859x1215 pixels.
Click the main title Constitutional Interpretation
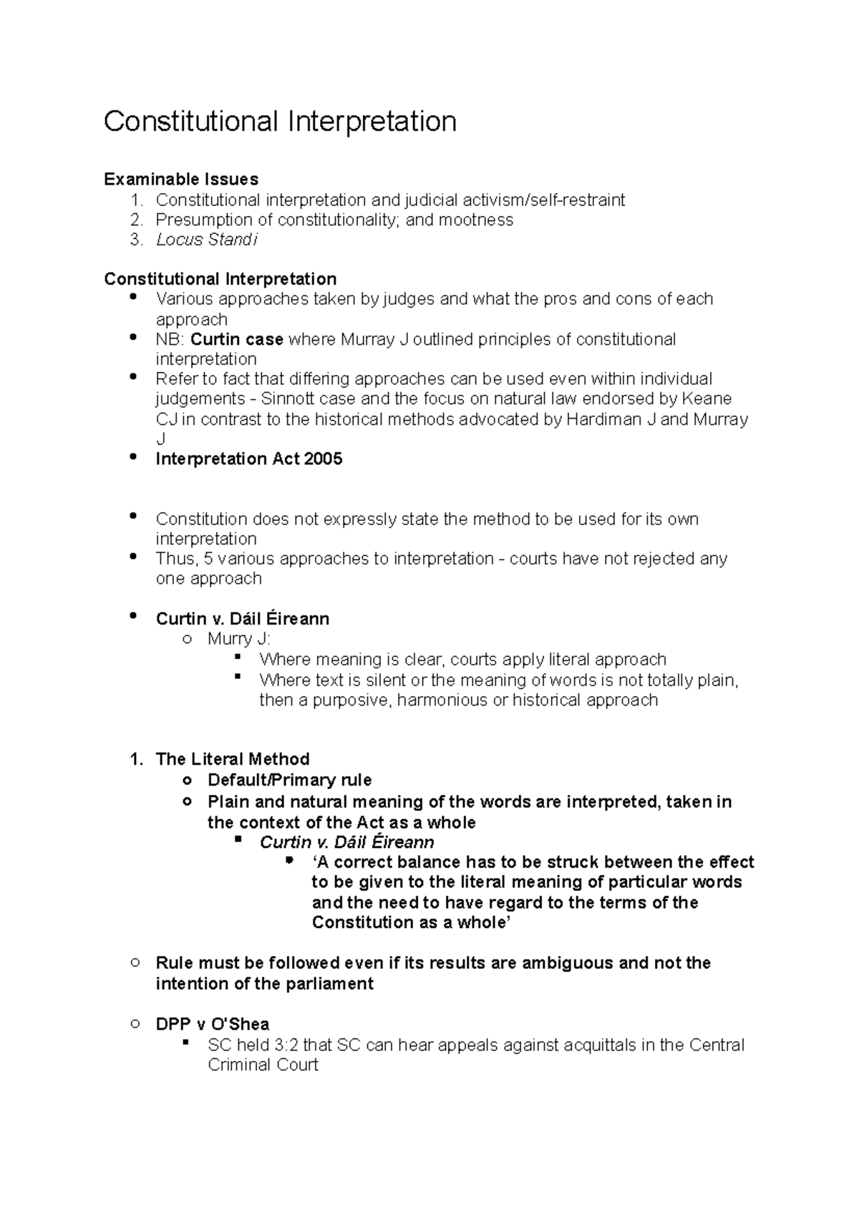[x=280, y=122]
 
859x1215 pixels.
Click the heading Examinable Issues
[x=181, y=179]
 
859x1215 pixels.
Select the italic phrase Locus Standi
[x=206, y=240]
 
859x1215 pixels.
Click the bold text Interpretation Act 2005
[x=249, y=459]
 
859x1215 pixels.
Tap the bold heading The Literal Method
[x=233, y=759]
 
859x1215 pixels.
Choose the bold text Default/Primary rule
[x=289, y=780]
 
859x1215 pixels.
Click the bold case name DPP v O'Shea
[x=213, y=1024]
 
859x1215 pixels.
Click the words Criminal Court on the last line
[x=263, y=1065]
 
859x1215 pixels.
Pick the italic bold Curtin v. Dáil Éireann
[x=346, y=842]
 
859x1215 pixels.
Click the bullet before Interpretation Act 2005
[x=132, y=456]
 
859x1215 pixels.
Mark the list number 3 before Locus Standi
[x=135, y=240]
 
